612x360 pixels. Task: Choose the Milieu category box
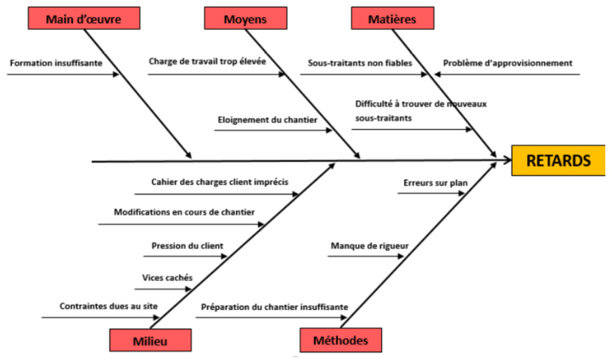coord(149,340)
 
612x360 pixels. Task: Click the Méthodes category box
coord(340,340)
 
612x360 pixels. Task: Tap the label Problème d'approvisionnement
coord(508,62)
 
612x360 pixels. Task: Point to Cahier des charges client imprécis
coord(219,181)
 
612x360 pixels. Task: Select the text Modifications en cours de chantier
coord(183,211)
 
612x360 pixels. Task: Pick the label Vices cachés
coord(167,277)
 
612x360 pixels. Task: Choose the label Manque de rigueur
coord(369,246)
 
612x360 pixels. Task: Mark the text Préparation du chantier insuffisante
coord(274,307)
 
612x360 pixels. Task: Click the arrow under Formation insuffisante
coord(64,75)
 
